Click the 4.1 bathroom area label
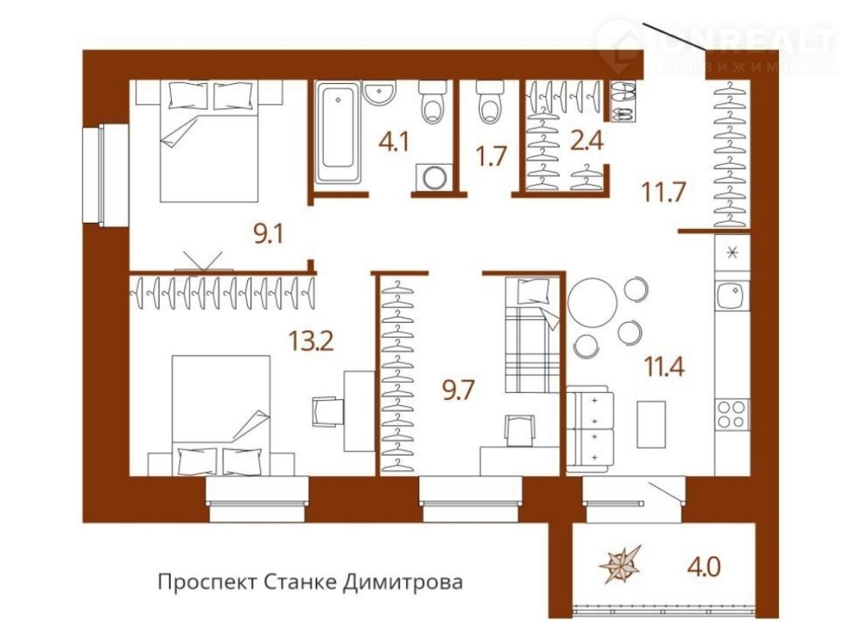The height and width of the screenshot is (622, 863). pyautogui.click(x=394, y=142)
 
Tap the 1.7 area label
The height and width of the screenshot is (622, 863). pyautogui.click(x=491, y=156)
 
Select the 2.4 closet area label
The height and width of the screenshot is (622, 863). pyautogui.click(x=588, y=140)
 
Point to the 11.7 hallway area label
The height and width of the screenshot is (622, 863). pyautogui.click(x=663, y=192)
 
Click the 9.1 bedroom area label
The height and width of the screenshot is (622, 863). pyautogui.click(x=268, y=235)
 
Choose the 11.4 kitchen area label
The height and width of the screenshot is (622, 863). pyautogui.click(x=665, y=366)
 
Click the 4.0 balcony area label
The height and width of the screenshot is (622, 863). pyautogui.click(x=704, y=566)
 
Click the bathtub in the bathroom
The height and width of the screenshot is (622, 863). pyautogui.click(x=338, y=132)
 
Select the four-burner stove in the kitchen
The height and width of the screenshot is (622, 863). pyautogui.click(x=732, y=414)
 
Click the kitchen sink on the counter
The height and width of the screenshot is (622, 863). pyautogui.click(x=732, y=295)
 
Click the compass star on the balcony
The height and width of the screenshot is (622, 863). pyautogui.click(x=621, y=565)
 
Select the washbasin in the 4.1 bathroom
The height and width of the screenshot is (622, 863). pyautogui.click(x=380, y=92)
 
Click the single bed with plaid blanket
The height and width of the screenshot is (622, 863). pyautogui.click(x=532, y=335)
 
